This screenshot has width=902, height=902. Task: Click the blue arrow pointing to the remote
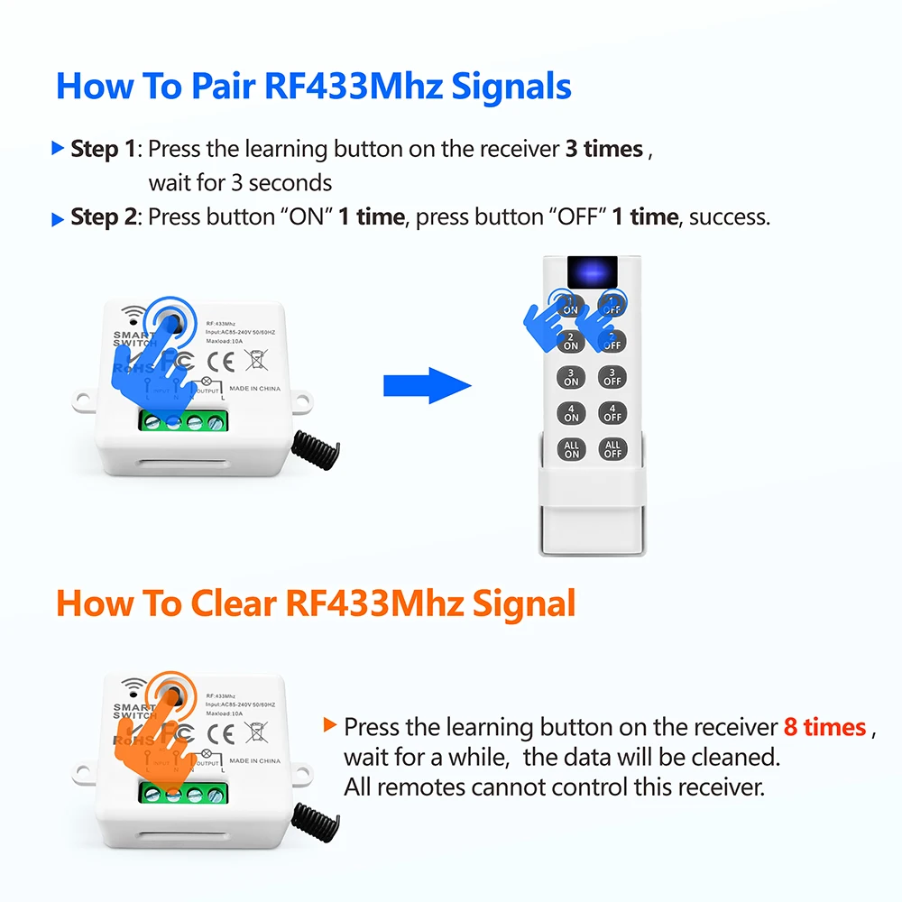point(428,386)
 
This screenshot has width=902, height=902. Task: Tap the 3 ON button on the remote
point(571,377)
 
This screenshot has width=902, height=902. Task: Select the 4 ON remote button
point(571,413)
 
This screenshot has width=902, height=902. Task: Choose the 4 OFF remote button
point(612,413)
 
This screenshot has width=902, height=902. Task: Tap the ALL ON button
point(571,449)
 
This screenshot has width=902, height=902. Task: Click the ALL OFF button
point(612,449)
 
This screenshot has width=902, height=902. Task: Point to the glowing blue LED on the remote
point(592,270)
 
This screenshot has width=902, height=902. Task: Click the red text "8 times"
point(824,727)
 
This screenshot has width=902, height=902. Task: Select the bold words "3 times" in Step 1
point(603,149)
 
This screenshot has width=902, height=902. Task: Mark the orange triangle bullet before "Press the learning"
point(331,724)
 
